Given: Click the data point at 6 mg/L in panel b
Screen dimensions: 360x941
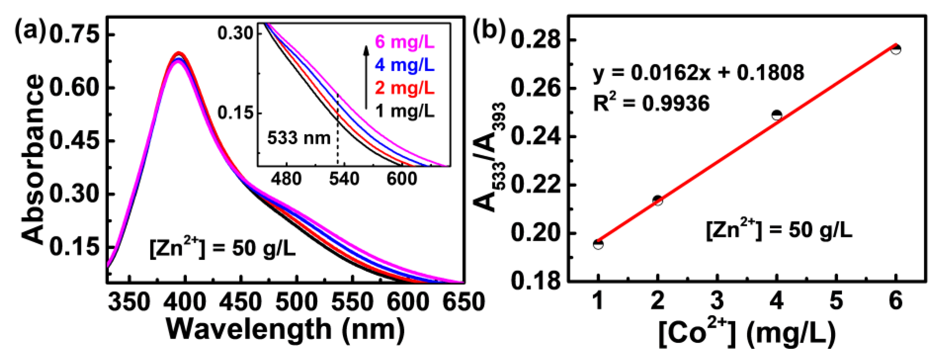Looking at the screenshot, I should (x=895, y=49).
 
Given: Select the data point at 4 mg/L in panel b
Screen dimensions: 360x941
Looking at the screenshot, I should (x=777, y=115).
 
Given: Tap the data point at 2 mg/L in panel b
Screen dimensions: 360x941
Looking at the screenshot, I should (x=658, y=200).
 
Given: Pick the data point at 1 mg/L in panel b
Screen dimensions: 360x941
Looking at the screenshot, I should (x=598, y=244).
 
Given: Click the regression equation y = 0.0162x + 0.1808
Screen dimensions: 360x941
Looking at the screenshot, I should (x=698, y=73).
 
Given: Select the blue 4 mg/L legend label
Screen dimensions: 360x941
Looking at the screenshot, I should (x=405, y=65).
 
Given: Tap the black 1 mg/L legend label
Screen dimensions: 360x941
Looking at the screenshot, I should (x=405, y=111).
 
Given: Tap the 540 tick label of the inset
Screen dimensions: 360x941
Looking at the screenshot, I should (x=344, y=179).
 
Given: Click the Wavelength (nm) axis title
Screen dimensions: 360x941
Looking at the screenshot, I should (x=286, y=330).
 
